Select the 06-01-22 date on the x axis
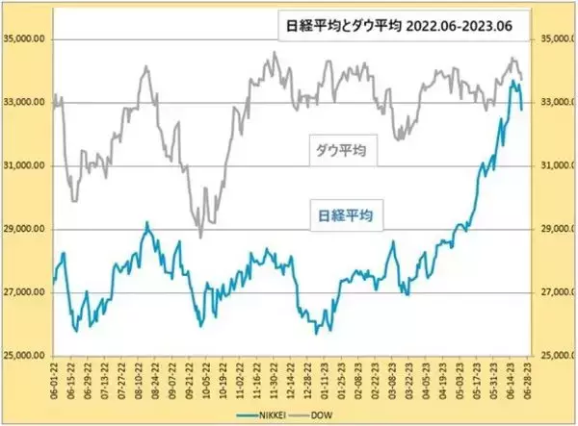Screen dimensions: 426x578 pyautogui.click(x=54, y=380)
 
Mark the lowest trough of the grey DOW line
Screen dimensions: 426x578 pyautogui.click(x=200, y=237)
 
